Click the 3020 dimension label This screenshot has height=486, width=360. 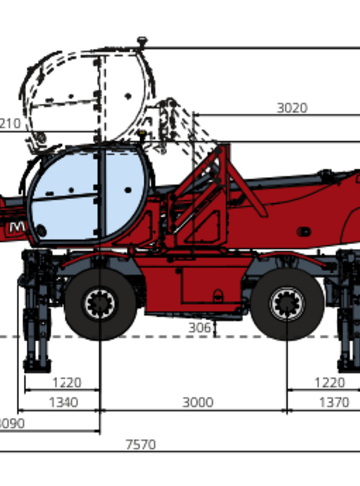point(291,108)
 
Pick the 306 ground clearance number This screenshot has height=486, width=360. point(201,326)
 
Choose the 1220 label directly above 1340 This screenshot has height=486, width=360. point(67,382)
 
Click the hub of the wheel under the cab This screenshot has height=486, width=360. point(101,304)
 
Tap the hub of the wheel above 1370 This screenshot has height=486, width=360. point(287,304)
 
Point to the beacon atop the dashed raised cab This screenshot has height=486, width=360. point(143,42)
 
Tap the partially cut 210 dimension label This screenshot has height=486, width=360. point(9,124)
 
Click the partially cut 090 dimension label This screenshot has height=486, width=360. point(11,423)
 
